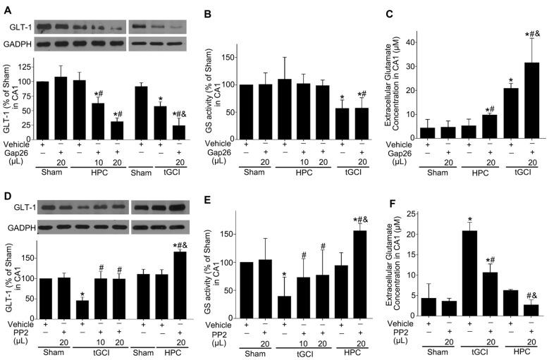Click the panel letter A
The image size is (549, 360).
(6, 6)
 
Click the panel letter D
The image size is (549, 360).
(6, 185)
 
